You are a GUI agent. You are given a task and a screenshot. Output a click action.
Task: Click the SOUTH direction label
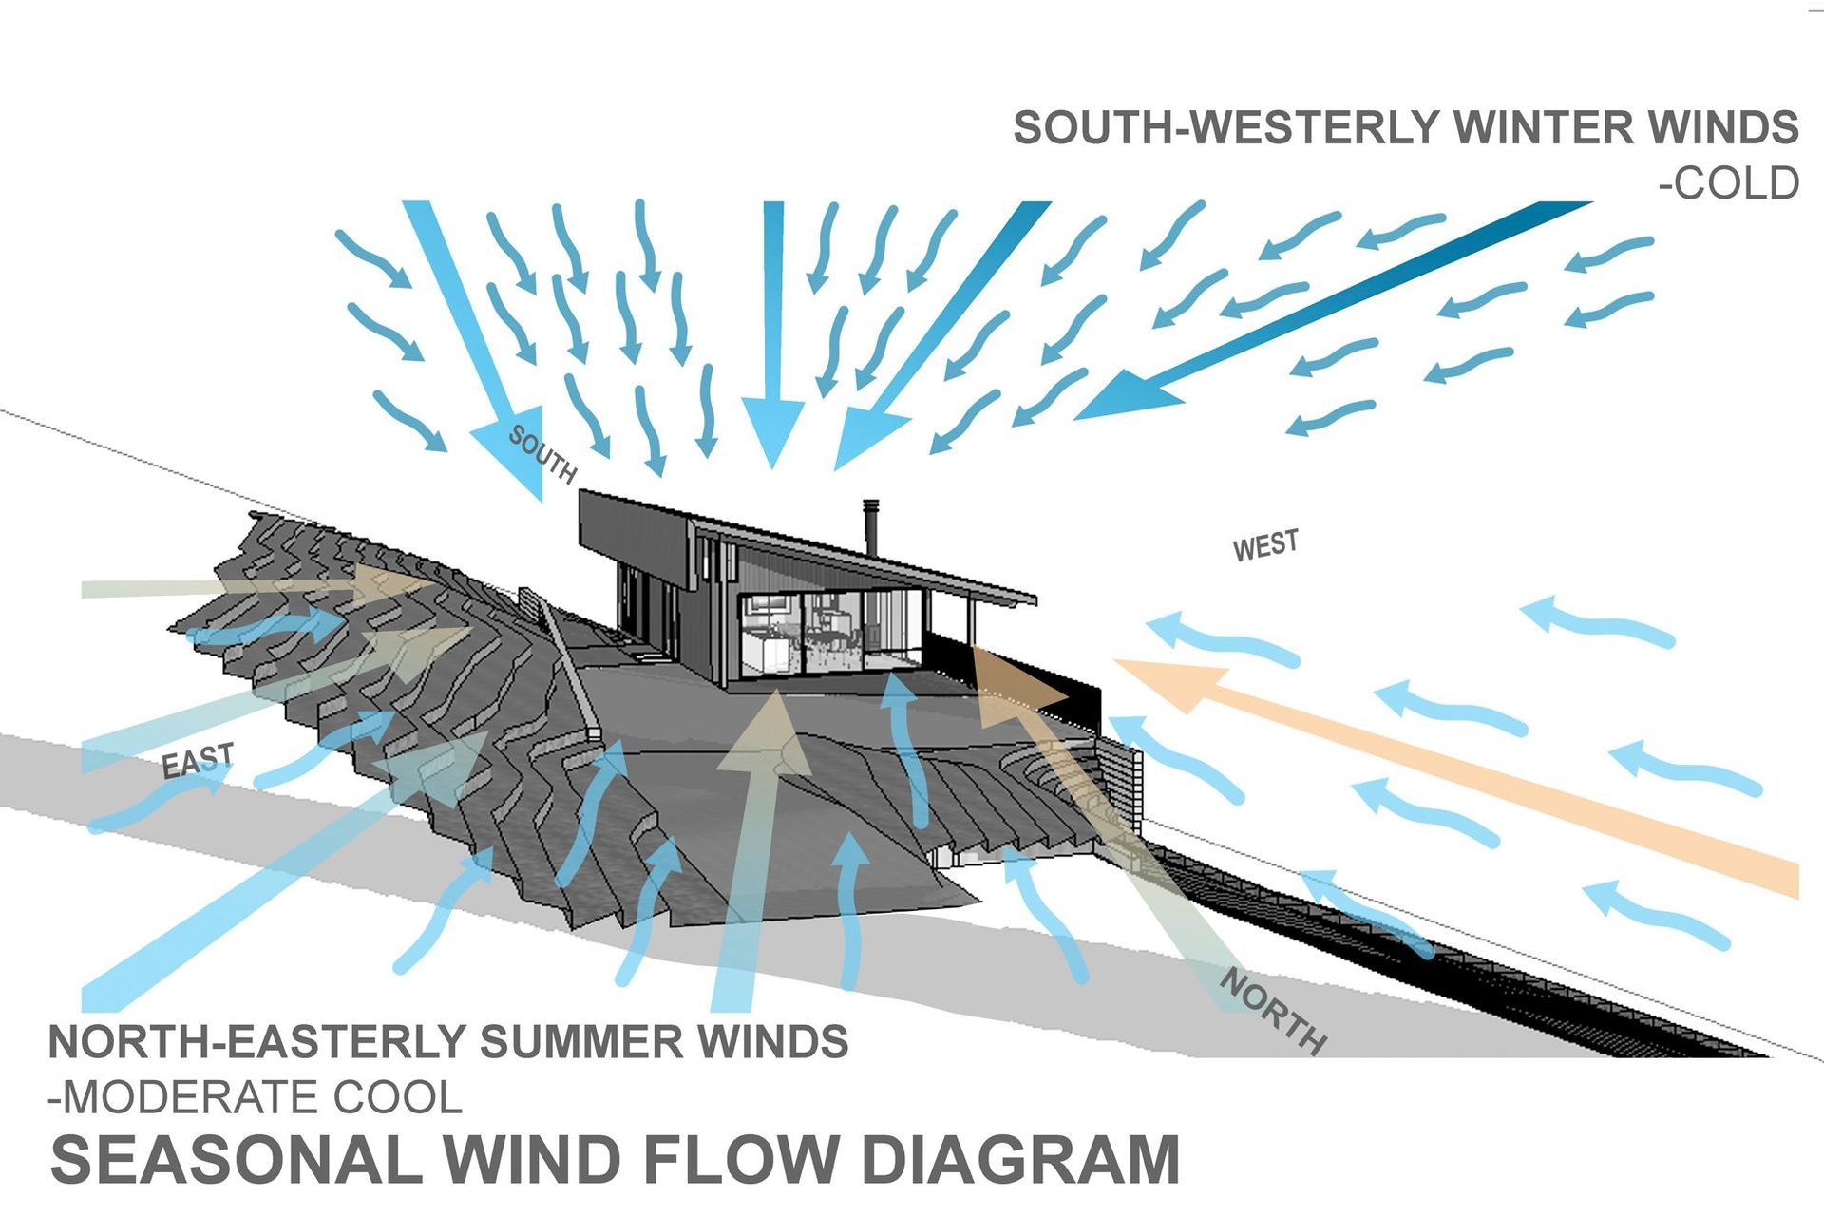[x=541, y=454]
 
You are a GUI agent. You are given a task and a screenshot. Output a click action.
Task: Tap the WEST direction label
[x=1264, y=546]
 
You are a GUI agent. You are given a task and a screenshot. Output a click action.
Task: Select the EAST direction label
[x=198, y=761]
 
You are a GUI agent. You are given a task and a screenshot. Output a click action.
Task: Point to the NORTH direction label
[x=1273, y=1011]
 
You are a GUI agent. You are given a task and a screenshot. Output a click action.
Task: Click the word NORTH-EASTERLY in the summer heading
[x=256, y=1042]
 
